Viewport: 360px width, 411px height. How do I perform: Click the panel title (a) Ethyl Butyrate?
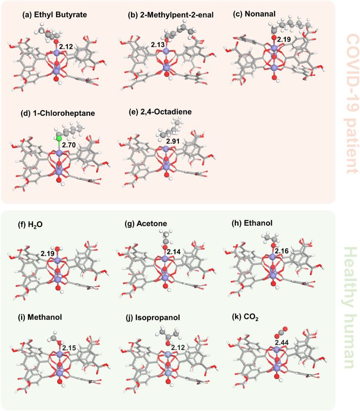coord(54,15)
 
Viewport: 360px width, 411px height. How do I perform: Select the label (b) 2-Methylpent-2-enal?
coord(171,15)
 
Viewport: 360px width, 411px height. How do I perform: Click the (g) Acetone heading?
coord(146,223)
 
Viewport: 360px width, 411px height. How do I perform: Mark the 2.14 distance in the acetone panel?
coord(173,252)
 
